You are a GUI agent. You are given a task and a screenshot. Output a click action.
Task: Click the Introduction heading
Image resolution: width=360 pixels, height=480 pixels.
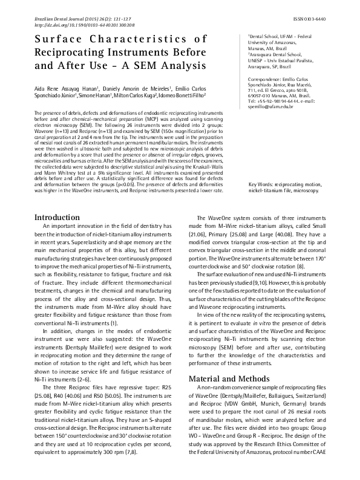(56, 166)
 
